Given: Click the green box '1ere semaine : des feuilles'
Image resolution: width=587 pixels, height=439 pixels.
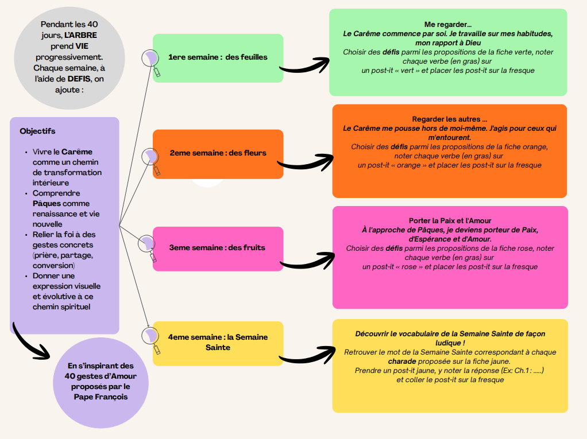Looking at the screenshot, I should (218, 57).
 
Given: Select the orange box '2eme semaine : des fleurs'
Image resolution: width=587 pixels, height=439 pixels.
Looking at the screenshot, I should (218, 153).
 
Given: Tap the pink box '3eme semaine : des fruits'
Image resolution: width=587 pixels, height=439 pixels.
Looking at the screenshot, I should (218, 248).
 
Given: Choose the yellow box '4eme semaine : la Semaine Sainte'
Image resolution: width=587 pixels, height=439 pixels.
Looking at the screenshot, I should (218, 343).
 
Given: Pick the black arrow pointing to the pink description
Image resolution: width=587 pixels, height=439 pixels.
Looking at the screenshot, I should (307, 261).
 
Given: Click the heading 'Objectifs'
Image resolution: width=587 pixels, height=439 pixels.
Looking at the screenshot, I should (37, 131).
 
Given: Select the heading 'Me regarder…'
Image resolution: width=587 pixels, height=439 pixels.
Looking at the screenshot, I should (447, 25).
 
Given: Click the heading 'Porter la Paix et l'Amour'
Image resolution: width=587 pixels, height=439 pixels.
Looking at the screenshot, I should (450, 220).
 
